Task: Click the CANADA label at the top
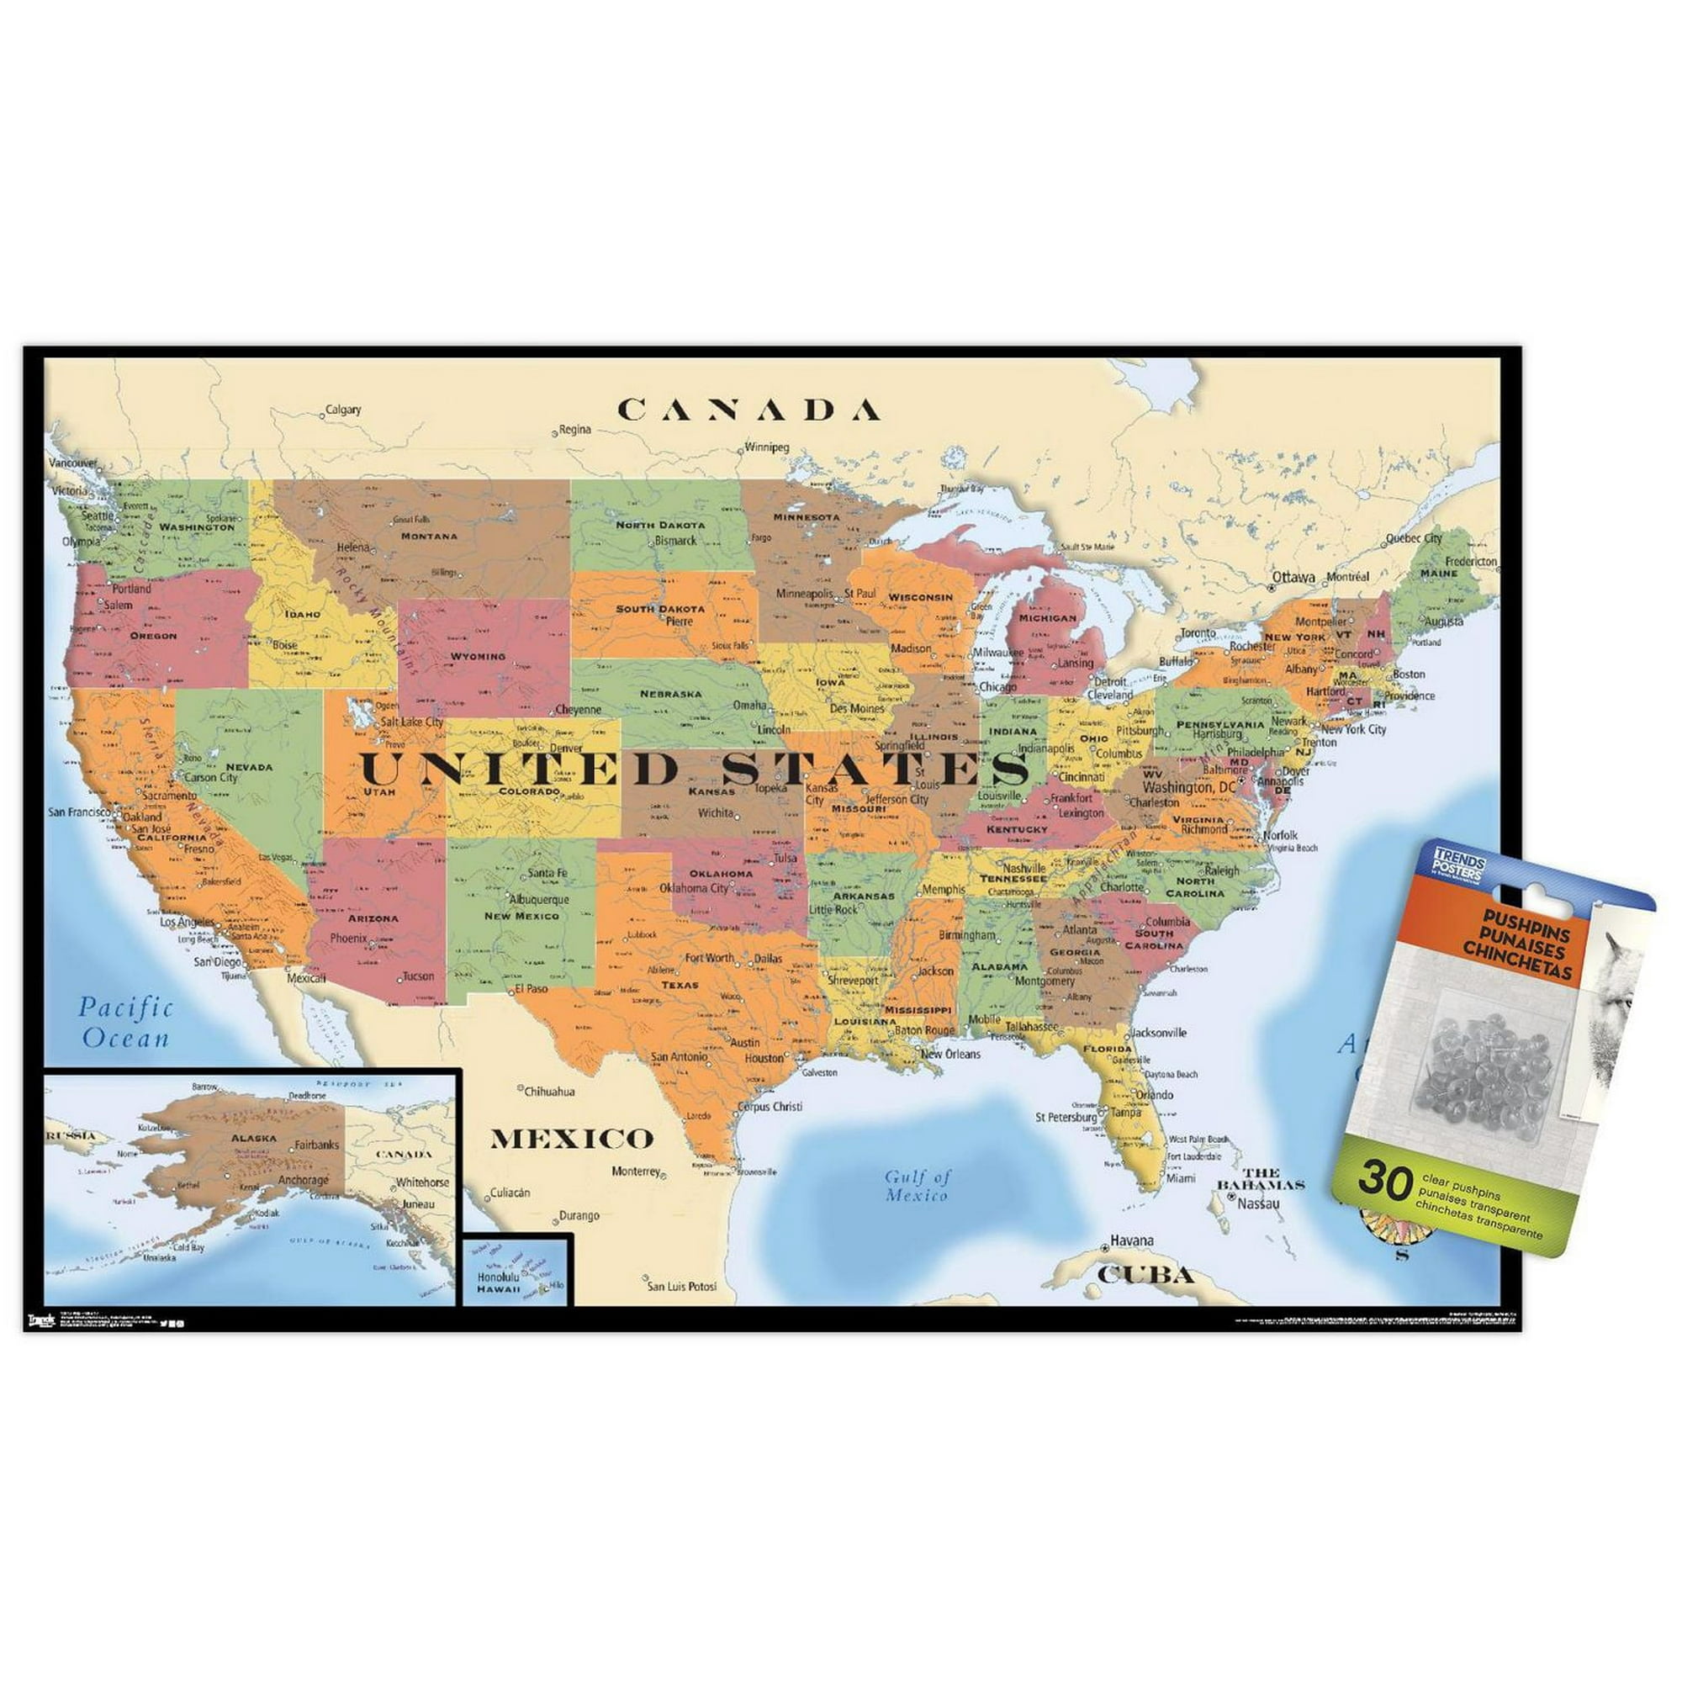tap(748, 410)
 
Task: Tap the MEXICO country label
tap(571, 1138)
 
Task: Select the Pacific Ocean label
tap(126, 1023)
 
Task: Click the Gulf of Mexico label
tap(918, 1186)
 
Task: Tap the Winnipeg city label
tap(766, 447)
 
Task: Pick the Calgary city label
tap(343, 410)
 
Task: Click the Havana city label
tap(1132, 1240)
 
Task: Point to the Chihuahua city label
tap(549, 1091)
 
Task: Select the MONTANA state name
tap(429, 537)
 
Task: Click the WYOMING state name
tap(478, 656)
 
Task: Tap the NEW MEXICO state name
tap(521, 916)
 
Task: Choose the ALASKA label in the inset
tap(253, 1138)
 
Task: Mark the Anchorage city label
tap(304, 1181)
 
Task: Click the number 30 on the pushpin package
tap(1384, 1181)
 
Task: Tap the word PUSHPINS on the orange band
tap(1515, 934)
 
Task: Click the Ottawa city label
tap(1293, 577)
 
